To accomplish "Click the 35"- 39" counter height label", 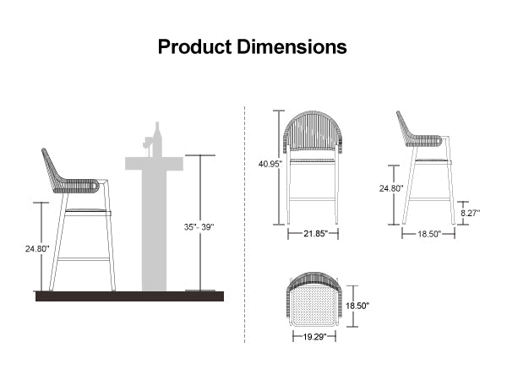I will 199,226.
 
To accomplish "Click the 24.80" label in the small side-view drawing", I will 391,188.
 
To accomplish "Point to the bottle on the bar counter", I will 156,138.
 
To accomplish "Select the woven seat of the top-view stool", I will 311,301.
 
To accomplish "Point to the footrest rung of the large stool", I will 84,260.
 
